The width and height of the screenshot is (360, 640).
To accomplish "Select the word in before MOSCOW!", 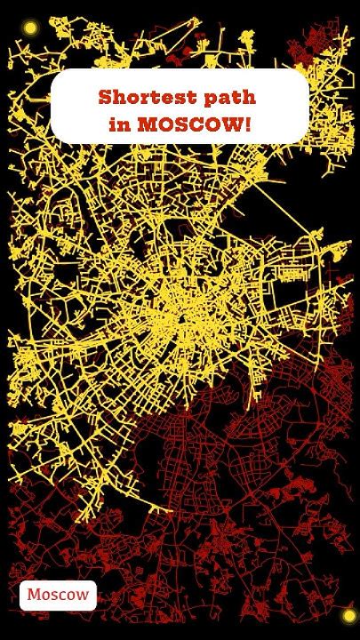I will coord(119,124).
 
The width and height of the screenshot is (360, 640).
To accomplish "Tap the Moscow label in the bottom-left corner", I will coord(58,595).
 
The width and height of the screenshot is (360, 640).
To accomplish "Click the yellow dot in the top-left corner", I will coord(30,28).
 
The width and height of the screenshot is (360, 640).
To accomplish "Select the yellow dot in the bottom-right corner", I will coord(348,615).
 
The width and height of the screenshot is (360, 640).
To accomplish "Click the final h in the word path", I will coord(250,96).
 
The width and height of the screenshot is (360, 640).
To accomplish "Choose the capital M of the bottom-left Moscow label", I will coord(33,595).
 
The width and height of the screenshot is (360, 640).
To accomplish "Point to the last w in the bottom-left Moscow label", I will coord(83,596).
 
